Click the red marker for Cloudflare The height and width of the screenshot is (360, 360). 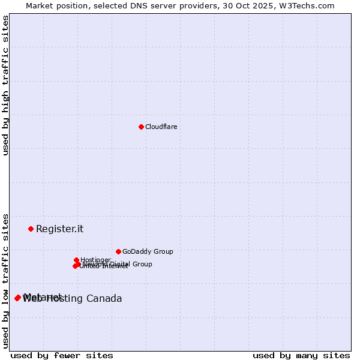141,127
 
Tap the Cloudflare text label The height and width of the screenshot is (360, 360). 161,127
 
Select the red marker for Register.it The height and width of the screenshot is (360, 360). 31,229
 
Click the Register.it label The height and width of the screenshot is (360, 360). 59,229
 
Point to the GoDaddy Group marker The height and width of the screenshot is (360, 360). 118,251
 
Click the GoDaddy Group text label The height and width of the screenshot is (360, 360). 147,251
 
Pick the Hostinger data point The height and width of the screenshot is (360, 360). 76,260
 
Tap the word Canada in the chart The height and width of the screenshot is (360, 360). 104,299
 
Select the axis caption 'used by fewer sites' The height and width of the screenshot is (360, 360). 62,355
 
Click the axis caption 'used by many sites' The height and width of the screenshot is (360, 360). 301,355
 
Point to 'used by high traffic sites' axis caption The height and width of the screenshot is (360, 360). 5,85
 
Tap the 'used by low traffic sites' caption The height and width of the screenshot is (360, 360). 5,281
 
